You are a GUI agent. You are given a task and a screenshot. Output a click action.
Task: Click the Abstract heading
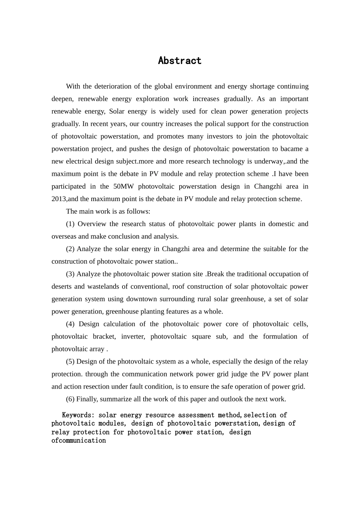click(180, 61)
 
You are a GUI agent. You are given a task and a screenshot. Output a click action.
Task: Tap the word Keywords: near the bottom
click(78, 415)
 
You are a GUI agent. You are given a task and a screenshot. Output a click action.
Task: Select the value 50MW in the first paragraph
click(122, 186)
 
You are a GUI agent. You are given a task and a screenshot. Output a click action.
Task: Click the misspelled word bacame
click(291, 149)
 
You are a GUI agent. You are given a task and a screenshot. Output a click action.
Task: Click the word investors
click(218, 136)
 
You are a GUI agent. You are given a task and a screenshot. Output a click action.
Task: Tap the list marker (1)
click(70, 224)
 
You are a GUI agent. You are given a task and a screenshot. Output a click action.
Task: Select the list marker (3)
click(70, 274)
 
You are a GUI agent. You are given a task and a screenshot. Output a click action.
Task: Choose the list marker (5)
click(70, 361)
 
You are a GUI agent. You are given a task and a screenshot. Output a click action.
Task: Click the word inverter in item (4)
click(133, 336)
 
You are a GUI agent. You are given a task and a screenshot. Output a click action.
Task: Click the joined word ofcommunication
click(79, 440)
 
